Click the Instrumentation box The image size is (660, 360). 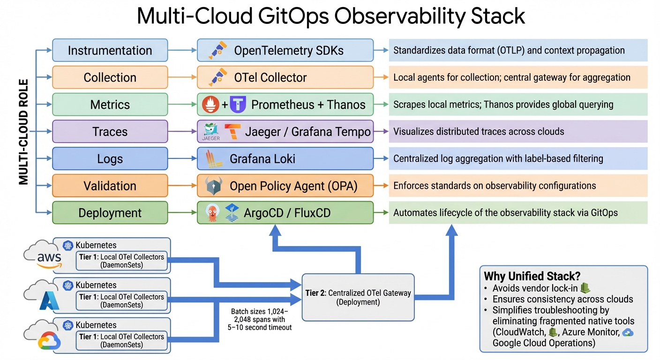(110, 50)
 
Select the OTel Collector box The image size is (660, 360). (285, 77)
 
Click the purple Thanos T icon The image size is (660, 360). (238, 105)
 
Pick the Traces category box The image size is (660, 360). (110, 132)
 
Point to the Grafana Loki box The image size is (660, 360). (285, 159)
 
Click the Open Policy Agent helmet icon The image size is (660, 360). (214, 186)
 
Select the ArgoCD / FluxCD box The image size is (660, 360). (285, 213)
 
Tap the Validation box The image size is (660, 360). (110, 186)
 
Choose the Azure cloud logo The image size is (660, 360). (48, 299)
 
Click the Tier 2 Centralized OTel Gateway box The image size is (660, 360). (358, 297)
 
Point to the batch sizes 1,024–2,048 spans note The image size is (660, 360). (261, 320)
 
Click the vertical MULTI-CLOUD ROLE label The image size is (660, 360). (23, 132)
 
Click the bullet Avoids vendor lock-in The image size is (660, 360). (535, 288)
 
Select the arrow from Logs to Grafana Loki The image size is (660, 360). (182, 159)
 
